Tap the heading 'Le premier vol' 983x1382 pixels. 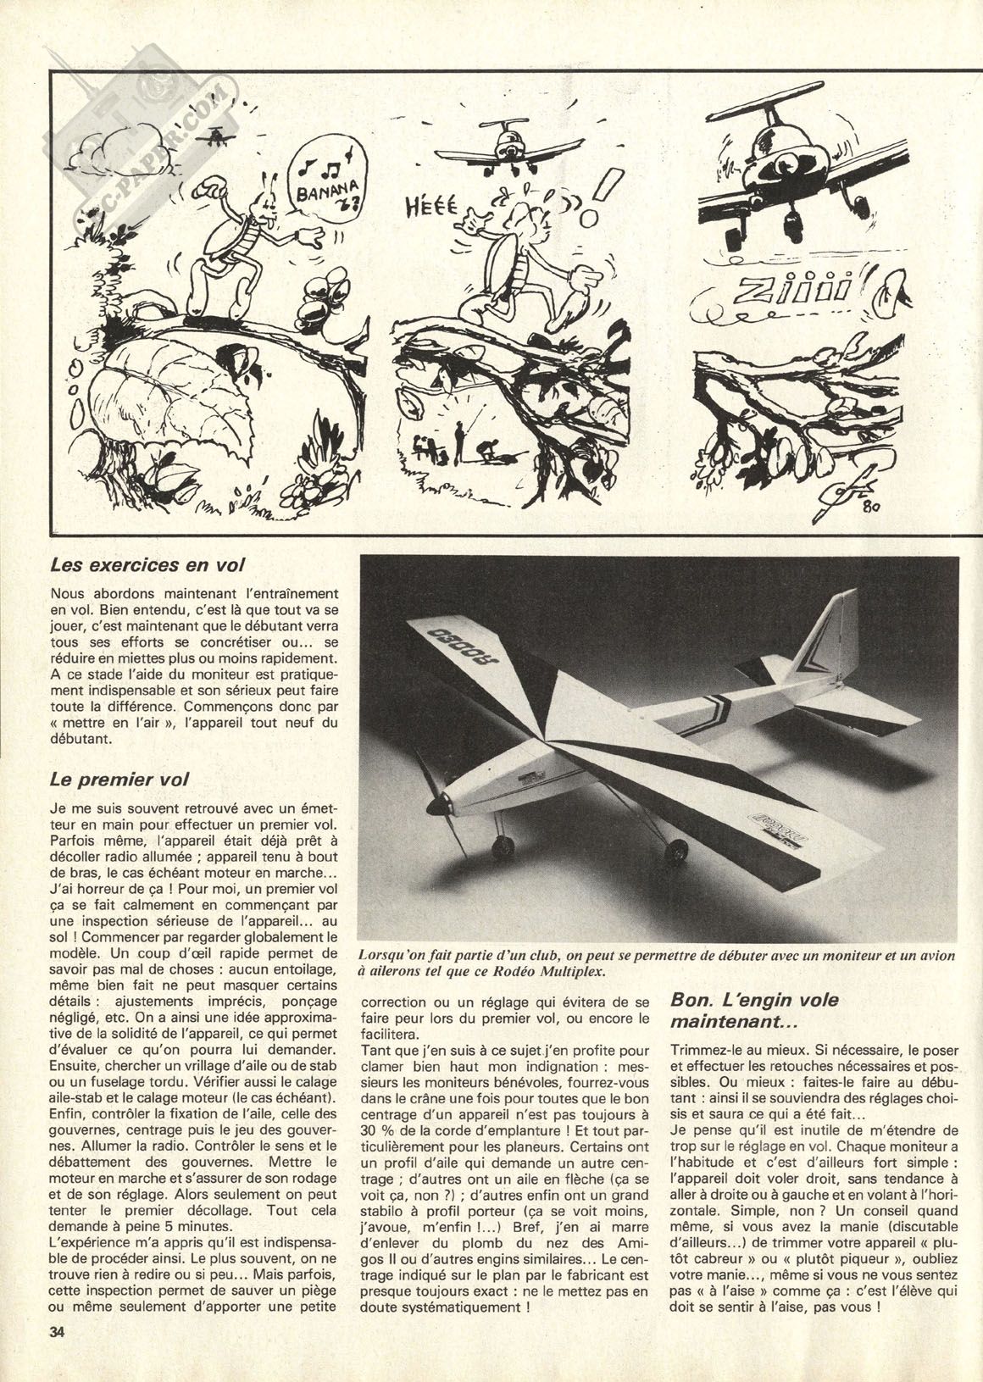point(119,777)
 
